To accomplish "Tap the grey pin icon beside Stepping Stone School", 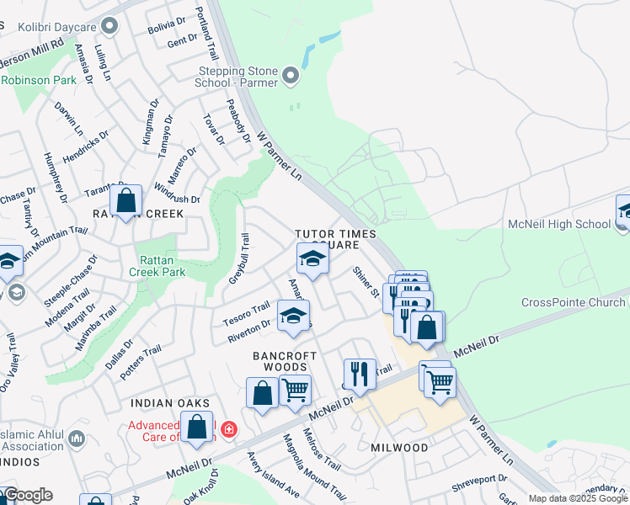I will point(291,77).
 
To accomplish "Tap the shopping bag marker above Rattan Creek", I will point(125,201).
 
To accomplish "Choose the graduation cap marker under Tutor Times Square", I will point(312,259).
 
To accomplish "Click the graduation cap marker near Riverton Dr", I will point(293,316).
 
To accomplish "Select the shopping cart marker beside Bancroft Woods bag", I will point(295,390).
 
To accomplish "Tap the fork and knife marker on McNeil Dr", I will point(360,374).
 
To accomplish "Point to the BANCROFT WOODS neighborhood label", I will point(280,362).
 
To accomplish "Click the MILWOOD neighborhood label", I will point(399,448).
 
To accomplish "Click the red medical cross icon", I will point(227,431).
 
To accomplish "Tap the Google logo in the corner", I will point(27,495).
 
